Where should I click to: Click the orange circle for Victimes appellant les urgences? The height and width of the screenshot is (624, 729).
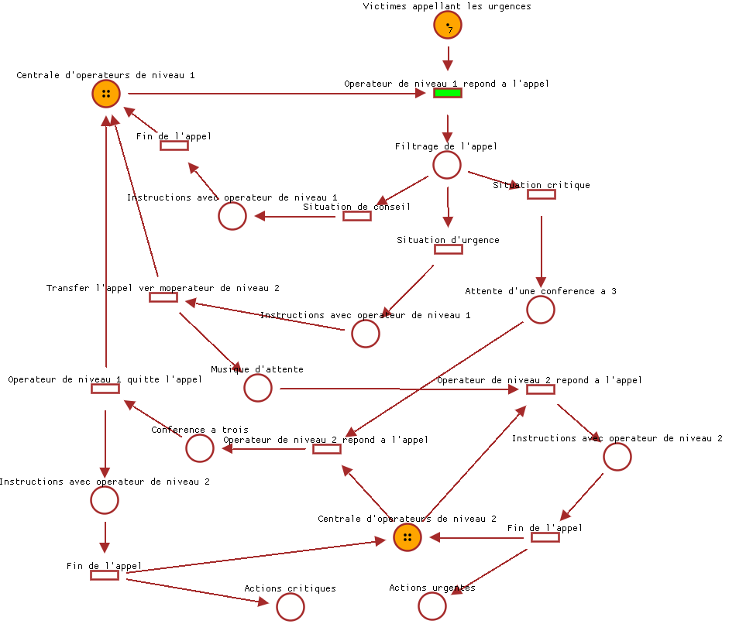(x=448, y=26)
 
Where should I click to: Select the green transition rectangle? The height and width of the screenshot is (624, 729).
(x=448, y=94)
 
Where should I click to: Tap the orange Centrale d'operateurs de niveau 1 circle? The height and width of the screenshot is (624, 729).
(x=106, y=94)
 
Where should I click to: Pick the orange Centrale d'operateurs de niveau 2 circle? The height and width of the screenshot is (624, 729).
(x=407, y=537)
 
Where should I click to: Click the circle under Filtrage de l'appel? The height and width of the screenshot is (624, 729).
(x=447, y=165)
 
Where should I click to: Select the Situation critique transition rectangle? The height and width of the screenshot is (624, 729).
(x=541, y=194)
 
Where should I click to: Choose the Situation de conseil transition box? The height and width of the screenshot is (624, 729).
(x=357, y=216)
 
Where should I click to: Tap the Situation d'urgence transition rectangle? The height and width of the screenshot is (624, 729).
(x=448, y=249)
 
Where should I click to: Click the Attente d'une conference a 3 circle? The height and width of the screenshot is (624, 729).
(x=541, y=310)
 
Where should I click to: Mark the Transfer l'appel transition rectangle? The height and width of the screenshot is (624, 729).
(x=163, y=297)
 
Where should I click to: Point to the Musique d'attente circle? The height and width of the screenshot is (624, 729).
(x=258, y=388)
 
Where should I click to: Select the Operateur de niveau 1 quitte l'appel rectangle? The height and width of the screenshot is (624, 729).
(x=105, y=389)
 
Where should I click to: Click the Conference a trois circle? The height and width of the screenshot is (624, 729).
(x=200, y=448)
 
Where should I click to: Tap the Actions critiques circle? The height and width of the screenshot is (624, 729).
(x=291, y=608)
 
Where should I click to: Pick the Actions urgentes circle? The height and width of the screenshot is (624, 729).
(x=432, y=606)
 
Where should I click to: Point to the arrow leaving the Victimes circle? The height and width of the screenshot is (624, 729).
(x=448, y=58)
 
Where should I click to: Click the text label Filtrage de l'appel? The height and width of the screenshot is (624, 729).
(x=445, y=146)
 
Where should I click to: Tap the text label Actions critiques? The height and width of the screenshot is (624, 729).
(x=290, y=588)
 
